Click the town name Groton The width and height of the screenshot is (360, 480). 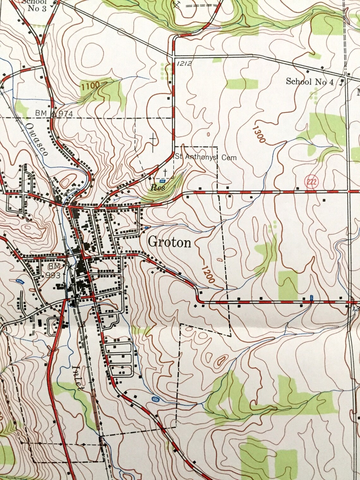pos(169,242)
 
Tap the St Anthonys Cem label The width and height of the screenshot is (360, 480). pos(206,157)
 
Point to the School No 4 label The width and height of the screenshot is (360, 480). pos(309,82)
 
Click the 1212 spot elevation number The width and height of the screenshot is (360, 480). pos(184,63)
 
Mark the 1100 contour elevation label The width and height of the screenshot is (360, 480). pos(90,85)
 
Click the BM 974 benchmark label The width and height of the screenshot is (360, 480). pos(54,113)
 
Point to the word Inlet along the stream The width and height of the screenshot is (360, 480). pos(77,378)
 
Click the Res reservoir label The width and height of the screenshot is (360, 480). pos(158,188)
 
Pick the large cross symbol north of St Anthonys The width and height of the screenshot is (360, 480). pos(153,140)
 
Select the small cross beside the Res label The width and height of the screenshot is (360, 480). pos(165,172)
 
